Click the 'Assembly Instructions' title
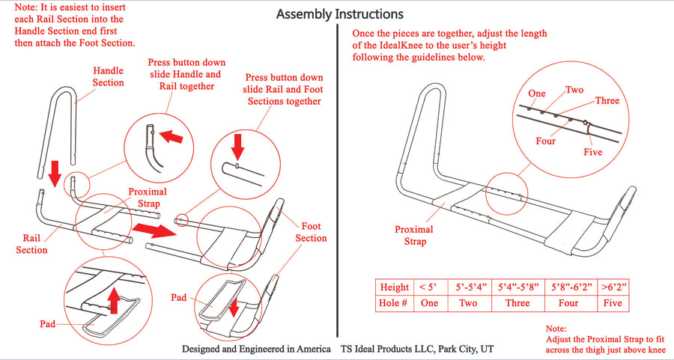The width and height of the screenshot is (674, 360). click(x=340, y=14)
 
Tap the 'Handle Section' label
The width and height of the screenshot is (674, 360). click(x=108, y=76)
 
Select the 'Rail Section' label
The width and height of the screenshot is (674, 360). click(x=32, y=244)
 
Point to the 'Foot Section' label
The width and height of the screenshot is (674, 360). click(x=311, y=232)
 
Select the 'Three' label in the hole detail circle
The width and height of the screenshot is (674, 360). click(x=607, y=100)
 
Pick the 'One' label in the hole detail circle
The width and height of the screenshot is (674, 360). click(x=536, y=94)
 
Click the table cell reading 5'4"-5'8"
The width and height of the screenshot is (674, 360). click(x=517, y=287)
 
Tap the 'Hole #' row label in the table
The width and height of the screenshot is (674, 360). click(x=394, y=303)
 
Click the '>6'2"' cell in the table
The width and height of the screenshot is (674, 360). click(x=613, y=287)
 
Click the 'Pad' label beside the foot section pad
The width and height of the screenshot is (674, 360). click(x=180, y=297)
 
